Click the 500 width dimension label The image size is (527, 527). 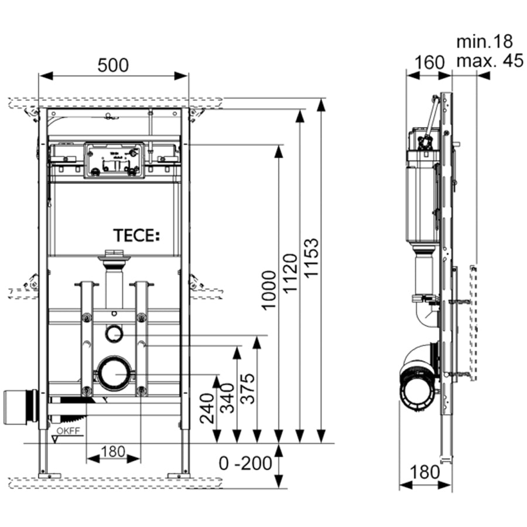click(113, 65)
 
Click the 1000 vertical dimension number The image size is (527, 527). click(268, 290)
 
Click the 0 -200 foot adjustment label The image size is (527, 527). click(246, 463)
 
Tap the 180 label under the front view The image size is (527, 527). click(113, 451)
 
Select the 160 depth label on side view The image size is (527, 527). click(430, 61)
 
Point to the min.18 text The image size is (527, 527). click(484, 41)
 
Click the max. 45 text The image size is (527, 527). click(490, 60)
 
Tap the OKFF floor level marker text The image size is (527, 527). click(69, 433)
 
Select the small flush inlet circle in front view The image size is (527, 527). click(114, 333)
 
